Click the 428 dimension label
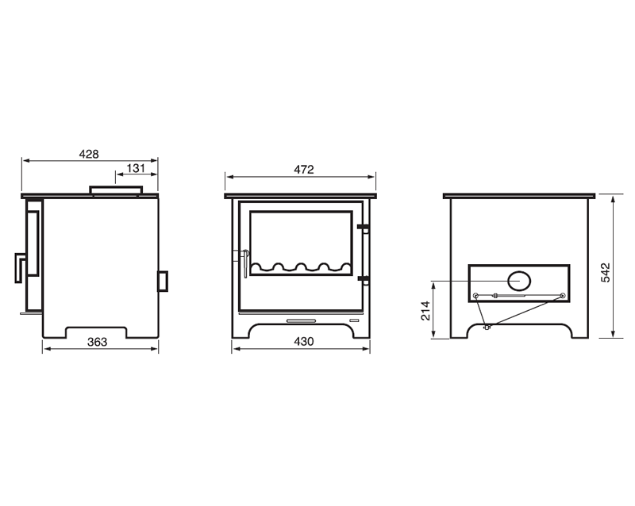pos(89,155)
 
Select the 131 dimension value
pos(136,168)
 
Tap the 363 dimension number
pos(97,342)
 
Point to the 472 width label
pos(304,169)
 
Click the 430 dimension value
pos(304,342)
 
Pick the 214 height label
pos(425,311)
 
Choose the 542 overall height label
pos(606,271)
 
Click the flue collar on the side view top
pos(116,190)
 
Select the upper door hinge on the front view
pos(363,228)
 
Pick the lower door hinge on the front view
pos(363,279)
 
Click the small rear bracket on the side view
pos(163,281)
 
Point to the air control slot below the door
pos(300,320)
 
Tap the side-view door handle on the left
pos(19,267)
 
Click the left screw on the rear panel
pos(475,297)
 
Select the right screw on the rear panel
pos(562,297)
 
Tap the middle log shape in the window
pos(302,266)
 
